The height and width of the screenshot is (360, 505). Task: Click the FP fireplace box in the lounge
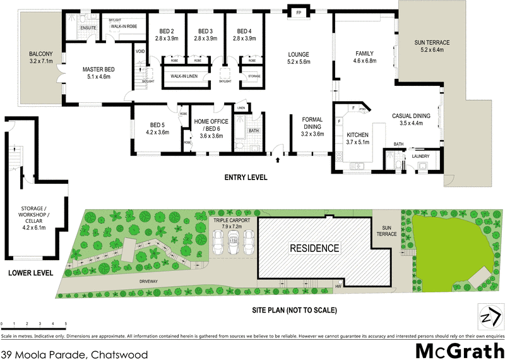coord(296,11)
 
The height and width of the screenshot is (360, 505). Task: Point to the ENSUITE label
coord(89,28)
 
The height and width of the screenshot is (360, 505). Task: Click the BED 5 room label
coord(157,129)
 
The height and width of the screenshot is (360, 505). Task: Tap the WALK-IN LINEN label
coord(182,77)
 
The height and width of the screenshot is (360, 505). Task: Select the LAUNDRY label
coord(421,156)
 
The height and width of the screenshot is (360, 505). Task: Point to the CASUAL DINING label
coord(411,119)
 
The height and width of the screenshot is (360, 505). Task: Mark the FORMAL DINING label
coord(312,126)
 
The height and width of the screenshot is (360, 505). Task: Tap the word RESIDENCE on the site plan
coord(314,248)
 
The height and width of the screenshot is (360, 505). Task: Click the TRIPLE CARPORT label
coord(232,222)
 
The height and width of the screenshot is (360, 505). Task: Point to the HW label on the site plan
coord(338,286)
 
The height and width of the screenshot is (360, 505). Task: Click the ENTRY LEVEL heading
coord(246,177)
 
